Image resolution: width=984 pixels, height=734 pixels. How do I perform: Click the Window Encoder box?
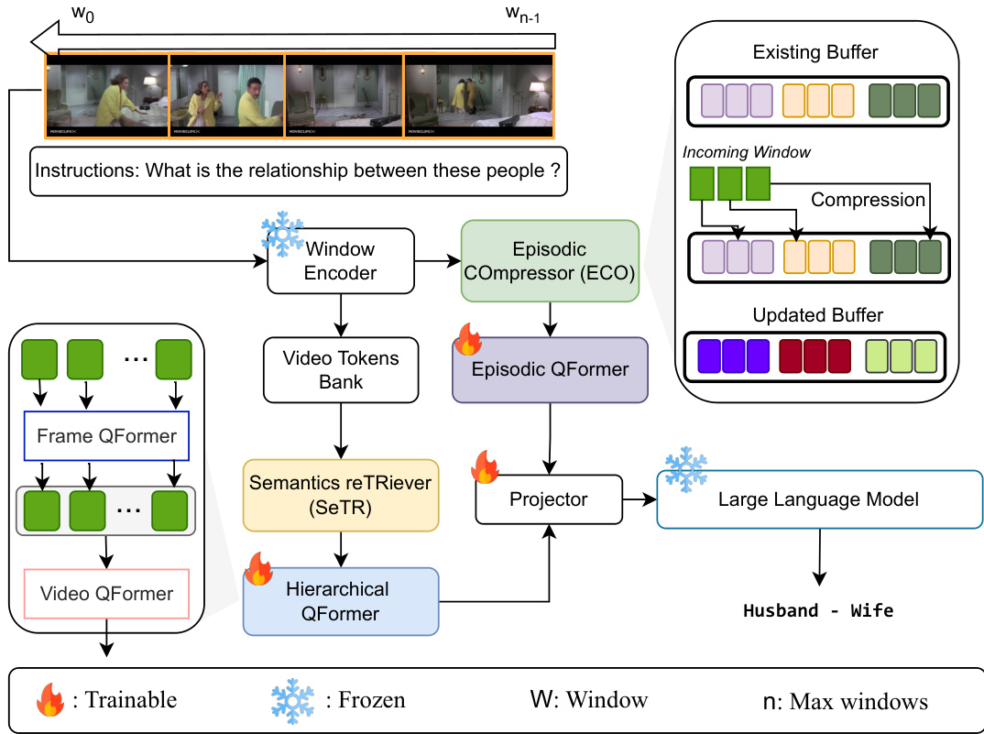click(x=340, y=261)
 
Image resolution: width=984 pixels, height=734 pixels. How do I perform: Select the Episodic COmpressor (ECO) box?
click(x=550, y=261)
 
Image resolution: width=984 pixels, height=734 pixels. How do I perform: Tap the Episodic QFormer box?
click(x=550, y=370)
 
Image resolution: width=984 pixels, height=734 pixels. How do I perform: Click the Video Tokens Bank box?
click(x=340, y=370)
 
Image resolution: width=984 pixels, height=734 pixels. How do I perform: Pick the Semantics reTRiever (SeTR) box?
click(x=340, y=496)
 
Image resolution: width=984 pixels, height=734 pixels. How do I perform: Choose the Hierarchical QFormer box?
click(x=341, y=601)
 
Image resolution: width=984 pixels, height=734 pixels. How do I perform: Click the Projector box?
click(x=549, y=499)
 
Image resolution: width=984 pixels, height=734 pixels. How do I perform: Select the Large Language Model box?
click(x=818, y=499)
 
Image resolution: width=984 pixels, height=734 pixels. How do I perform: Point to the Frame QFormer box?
click(x=106, y=436)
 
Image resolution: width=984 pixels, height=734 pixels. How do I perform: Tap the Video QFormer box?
click(x=106, y=594)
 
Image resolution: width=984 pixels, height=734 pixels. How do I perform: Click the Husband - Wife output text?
click(x=818, y=610)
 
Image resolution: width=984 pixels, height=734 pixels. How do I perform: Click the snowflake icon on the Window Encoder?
click(x=282, y=236)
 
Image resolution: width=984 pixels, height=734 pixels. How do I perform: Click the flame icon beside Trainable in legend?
click(x=49, y=701)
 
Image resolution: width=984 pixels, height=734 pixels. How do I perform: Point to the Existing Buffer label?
click(x=815, y=52)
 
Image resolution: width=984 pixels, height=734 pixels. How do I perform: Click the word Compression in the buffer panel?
click(x=868, y=199)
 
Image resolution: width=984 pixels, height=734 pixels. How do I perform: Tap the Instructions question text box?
click(x=298, y=170)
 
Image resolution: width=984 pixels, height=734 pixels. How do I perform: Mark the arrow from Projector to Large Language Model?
click(x=640, y=499)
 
